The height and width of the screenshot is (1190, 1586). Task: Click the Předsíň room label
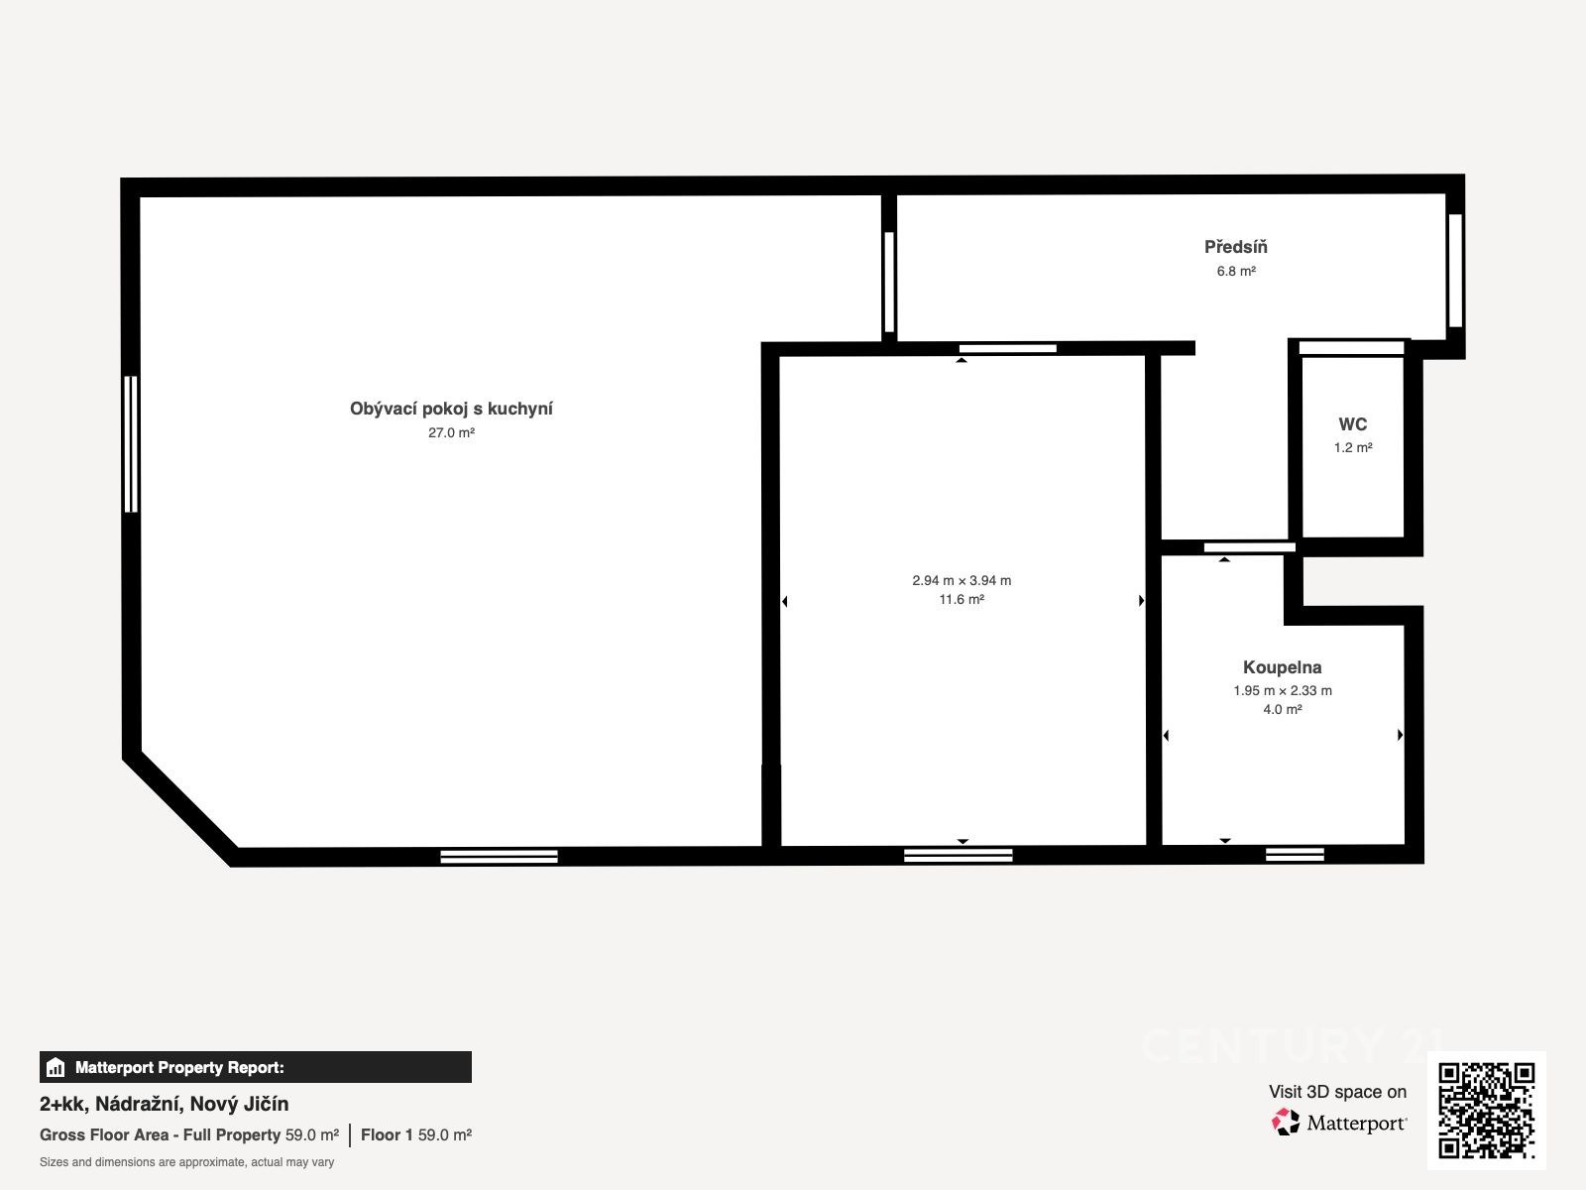point(1235,247)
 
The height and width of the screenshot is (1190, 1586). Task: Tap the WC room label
point(1353,424)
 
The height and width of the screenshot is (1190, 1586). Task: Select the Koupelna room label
point(1283,667)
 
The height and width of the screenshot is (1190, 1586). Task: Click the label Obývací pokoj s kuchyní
point(451,409)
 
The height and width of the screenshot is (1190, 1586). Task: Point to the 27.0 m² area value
point(451,432)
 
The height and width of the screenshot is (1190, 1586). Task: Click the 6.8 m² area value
point(1236,271)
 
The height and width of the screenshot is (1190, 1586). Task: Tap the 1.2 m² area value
point(1353,448)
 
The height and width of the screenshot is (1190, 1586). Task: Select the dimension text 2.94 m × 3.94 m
point(962,580)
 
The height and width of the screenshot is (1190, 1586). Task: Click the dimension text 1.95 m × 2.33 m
point(1283,691)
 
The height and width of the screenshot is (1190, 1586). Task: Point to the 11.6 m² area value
point(962,600)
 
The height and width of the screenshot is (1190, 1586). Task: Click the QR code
point(1486,1111)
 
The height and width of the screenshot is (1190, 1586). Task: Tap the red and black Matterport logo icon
point(1286,1123)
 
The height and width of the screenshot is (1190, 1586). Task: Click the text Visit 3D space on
point(1337,1092)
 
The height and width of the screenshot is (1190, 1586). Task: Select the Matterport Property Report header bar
point(256,1067)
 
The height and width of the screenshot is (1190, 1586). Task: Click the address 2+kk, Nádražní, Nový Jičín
point(164,1104)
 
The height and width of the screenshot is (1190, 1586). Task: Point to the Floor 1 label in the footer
point(387,1135)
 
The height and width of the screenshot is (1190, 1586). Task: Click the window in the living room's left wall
point(131,444)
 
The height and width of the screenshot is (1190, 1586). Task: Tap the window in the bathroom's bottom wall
point(1295,855)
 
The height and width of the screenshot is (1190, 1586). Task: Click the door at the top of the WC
point(1351,348)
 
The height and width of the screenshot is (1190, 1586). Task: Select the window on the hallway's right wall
point(1455,270)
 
